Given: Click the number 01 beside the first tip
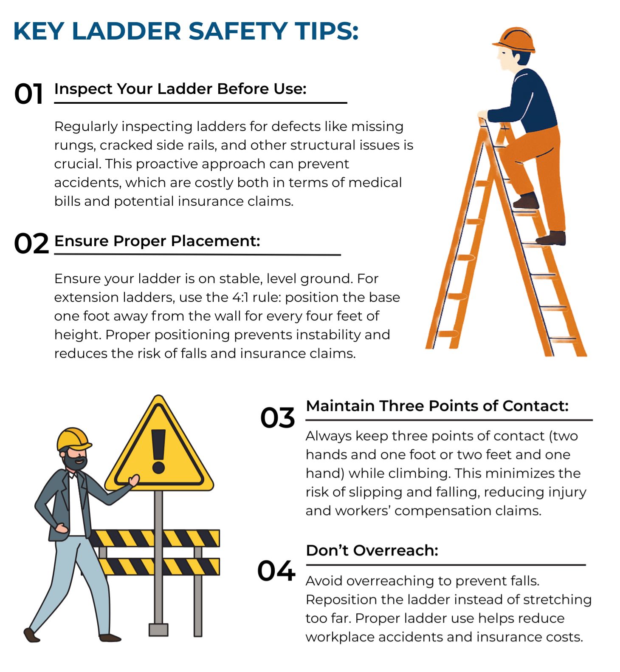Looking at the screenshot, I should tap(28, 94).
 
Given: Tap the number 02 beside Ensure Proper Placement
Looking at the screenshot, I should tap(31, 244).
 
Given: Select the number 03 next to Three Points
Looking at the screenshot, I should tap(277, 417).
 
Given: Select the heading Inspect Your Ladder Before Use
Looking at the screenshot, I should tap(180, 89).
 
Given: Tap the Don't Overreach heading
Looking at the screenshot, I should tap(372, 550).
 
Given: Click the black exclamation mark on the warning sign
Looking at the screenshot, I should tap(158, 451).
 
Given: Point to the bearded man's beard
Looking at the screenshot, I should tap(76, 463).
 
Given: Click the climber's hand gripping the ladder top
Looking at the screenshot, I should tap(483, 115).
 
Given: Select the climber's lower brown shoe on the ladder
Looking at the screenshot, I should tap(552, 238).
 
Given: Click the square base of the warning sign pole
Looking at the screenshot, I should tap(158, 629).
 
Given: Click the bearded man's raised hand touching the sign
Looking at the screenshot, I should tap(134, 480).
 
